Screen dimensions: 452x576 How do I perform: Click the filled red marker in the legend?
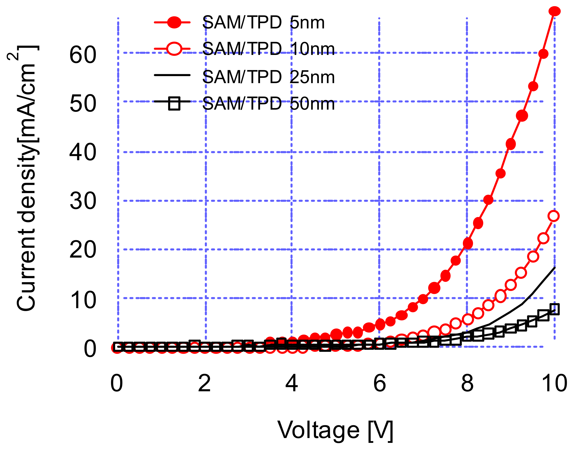coord(174,22)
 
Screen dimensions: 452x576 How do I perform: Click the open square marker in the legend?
coord(174,103)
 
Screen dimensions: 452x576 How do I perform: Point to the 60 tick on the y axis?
coord(83,55)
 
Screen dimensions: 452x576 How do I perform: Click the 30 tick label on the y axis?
coord(83,201)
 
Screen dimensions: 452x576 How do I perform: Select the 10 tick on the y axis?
coord(83,300)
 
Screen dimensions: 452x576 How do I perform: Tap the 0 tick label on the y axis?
coord(90,349)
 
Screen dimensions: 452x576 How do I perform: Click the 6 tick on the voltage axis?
coord(379,384)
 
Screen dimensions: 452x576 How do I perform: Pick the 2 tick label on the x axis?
coord(204,384)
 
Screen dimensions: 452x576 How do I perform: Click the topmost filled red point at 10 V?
coord(554,11)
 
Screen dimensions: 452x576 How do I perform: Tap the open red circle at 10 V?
coord(554,216)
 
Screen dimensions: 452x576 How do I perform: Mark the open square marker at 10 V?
coord(555,309)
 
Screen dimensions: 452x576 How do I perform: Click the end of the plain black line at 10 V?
coord(555,267)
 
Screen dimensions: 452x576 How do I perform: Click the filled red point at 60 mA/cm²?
coord(543,54)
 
